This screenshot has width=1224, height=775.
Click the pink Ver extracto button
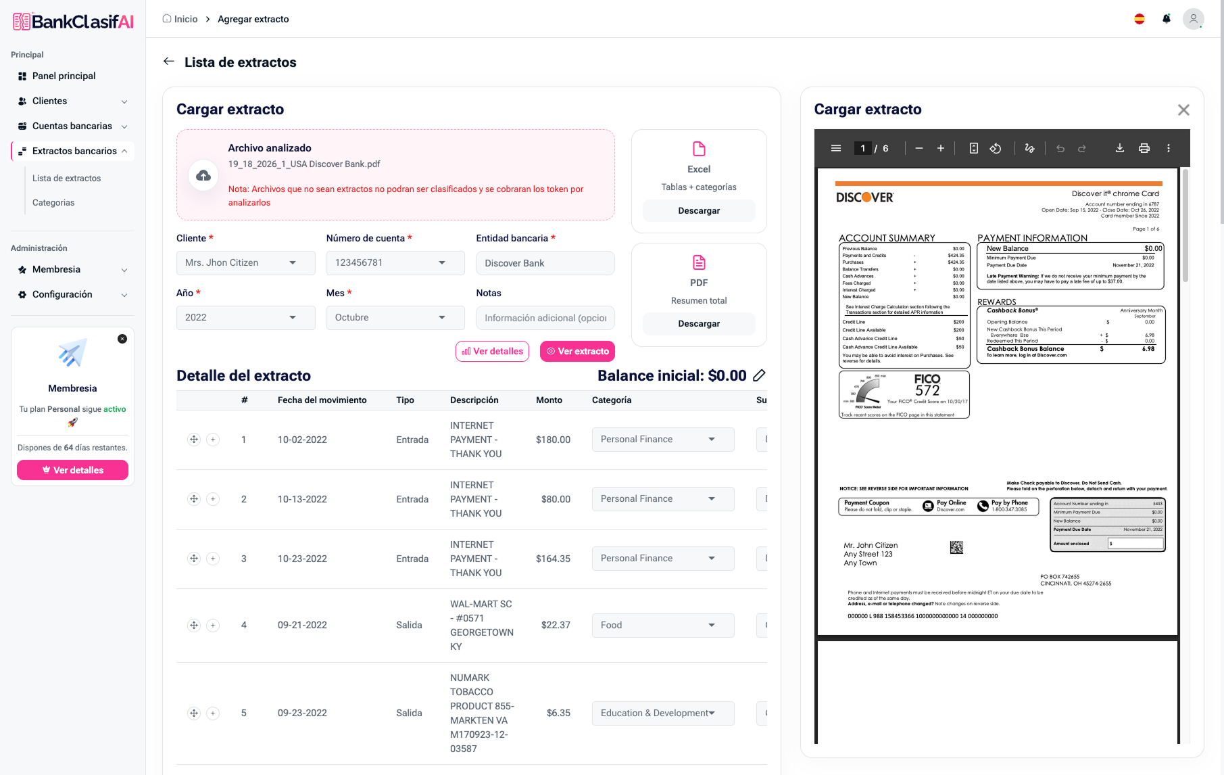[577, 352]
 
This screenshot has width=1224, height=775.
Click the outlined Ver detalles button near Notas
[492, 352]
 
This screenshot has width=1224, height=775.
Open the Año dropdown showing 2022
[245, 318]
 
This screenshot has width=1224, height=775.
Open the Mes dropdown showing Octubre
[395, 318]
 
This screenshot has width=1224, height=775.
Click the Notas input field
[545, 318]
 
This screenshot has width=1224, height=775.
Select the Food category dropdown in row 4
[662, 626]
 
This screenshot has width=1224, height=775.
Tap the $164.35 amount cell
[553, 559]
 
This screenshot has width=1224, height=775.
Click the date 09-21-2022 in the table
[302, 626]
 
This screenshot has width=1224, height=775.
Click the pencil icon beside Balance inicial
[759, 375]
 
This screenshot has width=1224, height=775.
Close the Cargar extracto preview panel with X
[1183, 110]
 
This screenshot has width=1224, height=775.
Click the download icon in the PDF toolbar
[1120, 148]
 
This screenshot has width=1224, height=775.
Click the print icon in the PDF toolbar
[1144, 148]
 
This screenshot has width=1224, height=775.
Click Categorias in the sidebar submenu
[53, 203]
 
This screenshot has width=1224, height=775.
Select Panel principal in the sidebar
[64, 76]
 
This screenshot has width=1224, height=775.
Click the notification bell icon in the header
[1167, 19]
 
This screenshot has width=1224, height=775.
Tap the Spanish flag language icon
[1140, 19]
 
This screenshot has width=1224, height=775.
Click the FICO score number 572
[927, 390]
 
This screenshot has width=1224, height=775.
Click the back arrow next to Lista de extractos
[169, 62]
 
